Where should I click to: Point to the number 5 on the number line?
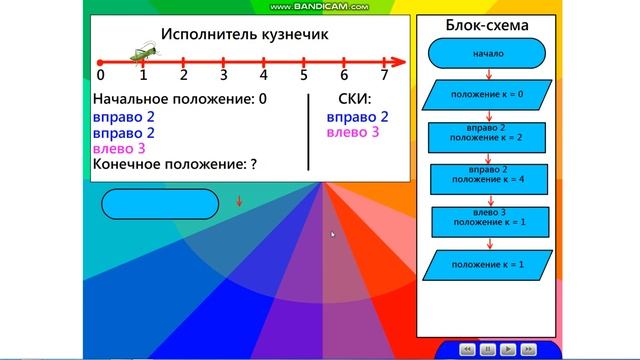[x=304, y=75]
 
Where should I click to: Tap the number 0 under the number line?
[x=100, y=75]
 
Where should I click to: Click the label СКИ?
[x=355, y=100]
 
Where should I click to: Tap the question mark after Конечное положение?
[x=254, y=162]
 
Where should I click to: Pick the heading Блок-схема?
[x=489, y=24]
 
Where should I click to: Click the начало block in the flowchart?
[x=489, y=52]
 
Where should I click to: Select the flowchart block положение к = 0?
[x=489, y=96]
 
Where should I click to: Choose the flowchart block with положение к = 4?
[x=489, y=178]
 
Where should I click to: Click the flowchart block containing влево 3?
[x=489, y=220]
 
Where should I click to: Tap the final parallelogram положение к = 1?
[x=489, y=264]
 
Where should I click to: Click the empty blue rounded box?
[x=160, y=203]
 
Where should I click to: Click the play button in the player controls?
[x=508, y=349]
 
